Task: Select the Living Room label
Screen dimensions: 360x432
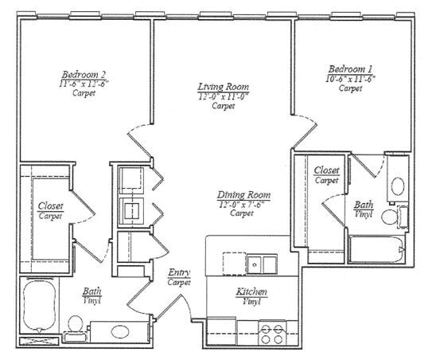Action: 224,87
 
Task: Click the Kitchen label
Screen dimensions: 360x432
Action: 251,292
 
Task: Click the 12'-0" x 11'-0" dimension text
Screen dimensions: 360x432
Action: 224,96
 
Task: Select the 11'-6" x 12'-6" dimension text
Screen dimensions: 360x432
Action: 84,82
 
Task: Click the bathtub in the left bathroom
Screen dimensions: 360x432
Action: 37,307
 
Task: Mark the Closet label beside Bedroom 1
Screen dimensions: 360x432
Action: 327,170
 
